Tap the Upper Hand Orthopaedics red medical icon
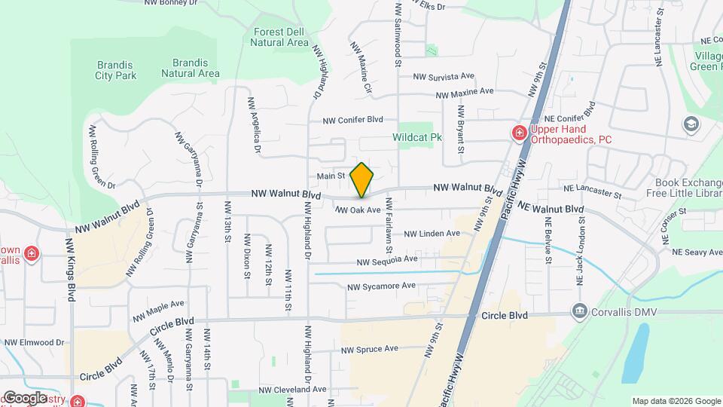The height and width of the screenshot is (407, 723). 518,133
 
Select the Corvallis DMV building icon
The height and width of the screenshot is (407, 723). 579,311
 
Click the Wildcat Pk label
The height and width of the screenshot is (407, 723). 416,138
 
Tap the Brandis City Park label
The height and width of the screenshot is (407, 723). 115,70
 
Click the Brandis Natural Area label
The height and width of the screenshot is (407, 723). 191,68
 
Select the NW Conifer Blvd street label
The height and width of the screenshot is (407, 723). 353,120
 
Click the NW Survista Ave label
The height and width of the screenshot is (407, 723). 444,76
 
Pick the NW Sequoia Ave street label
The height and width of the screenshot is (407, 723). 387,260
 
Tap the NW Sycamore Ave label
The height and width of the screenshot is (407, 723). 381,286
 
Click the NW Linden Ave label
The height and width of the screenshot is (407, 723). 432,234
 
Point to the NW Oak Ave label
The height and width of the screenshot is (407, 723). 358,210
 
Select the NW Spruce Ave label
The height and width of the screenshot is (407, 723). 369,349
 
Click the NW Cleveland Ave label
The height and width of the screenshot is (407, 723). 292,390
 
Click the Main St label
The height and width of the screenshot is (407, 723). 330,176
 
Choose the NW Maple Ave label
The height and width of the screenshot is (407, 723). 158,310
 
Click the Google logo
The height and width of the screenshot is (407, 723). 25,397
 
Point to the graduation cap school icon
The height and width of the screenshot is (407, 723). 691,124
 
